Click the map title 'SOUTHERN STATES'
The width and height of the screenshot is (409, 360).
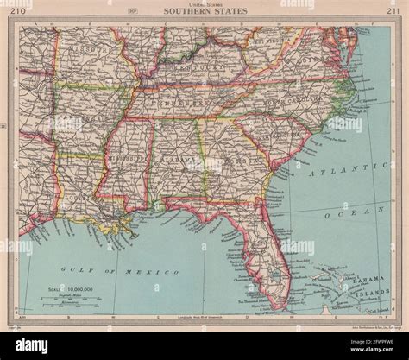click(204, 12)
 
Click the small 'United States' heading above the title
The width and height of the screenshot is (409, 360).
click(204, 4)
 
